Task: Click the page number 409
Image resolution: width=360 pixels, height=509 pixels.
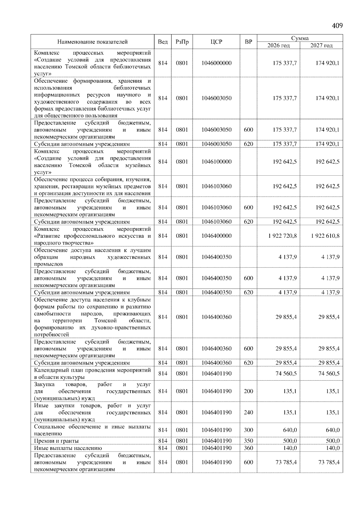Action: [337, 26]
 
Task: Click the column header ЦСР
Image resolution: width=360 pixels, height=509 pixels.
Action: [216, 42]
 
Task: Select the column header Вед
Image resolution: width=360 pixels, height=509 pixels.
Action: [163, 42]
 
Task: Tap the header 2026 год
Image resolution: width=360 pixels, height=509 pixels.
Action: [278, 45]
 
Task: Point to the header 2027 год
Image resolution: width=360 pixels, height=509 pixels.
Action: [321, 45]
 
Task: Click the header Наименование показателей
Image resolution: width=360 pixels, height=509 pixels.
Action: [92, 42]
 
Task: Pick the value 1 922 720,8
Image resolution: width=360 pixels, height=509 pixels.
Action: [283, 236]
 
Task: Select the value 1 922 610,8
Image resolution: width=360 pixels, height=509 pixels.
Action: [325, 236]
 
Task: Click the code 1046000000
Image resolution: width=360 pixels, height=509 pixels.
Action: [216, 63]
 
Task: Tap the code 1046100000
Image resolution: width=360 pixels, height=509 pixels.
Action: [216, 162]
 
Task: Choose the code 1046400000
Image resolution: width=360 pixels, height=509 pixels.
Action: [216, 236]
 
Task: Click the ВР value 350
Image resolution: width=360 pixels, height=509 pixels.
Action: [248, 441]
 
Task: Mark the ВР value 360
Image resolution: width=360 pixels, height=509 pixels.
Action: [248, 448]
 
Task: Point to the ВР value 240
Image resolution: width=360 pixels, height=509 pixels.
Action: [248, 412]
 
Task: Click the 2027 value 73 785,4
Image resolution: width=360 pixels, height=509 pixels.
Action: [329, 462]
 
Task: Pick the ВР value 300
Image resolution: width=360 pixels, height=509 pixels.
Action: [248, 430]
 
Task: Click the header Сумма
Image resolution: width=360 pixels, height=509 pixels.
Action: [300, 38]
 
